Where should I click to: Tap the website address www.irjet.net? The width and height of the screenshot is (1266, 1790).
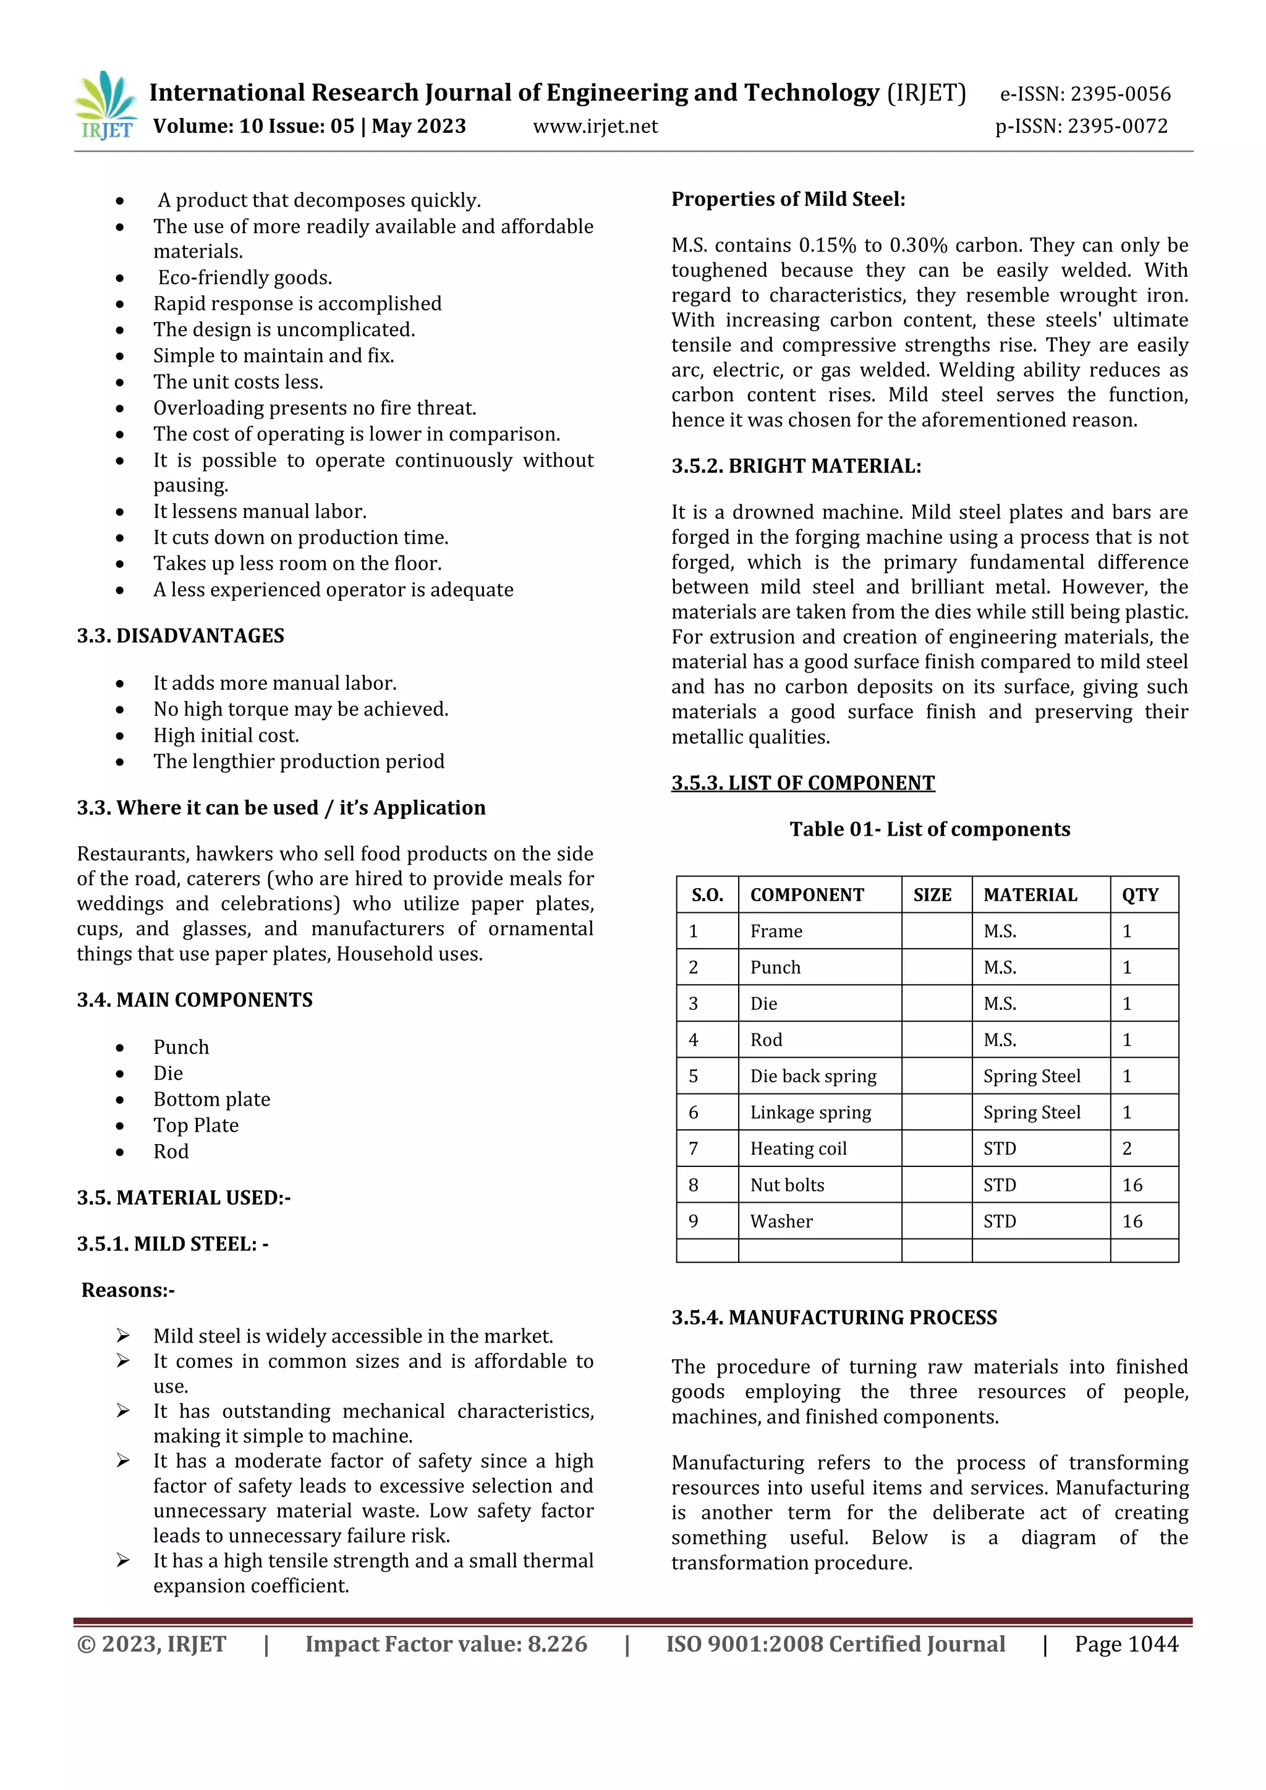pos(595,126)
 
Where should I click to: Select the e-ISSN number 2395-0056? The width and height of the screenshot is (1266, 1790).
pos(1085,95)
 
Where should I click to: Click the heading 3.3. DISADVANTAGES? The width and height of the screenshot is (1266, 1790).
pos(180,635)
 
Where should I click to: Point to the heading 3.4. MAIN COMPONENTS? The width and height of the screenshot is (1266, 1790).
pos(194,999)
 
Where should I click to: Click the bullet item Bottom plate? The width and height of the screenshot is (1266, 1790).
pos(211,1099)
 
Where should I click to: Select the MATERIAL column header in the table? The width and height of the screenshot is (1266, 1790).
pos(1030,895)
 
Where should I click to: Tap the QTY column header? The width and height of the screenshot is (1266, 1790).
pos(1140,895)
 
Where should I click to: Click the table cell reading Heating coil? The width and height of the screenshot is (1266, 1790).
pos(798,1148)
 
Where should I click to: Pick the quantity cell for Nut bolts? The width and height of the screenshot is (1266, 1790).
pos(1132,1185)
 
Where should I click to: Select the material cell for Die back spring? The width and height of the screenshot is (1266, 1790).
pos(1031,1076)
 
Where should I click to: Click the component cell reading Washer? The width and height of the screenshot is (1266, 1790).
pos(781,1221)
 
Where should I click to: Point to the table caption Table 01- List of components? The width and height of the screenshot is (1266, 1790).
pos(929,829)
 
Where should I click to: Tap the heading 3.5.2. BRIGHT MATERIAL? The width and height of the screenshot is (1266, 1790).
pos(796,466)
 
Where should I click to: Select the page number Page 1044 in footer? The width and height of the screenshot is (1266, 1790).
pos(1126,1644)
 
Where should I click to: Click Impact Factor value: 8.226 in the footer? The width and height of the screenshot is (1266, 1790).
pos(446,1644)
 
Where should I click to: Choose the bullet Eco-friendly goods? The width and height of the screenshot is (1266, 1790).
pos(245,278)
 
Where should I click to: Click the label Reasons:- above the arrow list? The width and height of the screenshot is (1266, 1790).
pos(128,1289)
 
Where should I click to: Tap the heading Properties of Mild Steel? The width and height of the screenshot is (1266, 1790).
pos(788,200)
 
